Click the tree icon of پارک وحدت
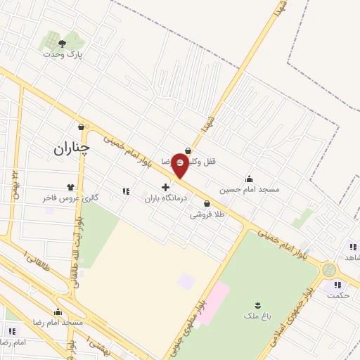coord(62,44)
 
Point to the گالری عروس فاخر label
coord(68,198)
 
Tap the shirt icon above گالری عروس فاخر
coord(70,187)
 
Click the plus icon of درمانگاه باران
coord(165,188)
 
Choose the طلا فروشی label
coord(207,215)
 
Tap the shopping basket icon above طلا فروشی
coord(207,204)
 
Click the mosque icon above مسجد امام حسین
coord(248,179)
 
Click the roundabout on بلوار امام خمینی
coord(328,269)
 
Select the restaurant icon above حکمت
coord(338,285)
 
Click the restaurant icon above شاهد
coord(352,247)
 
